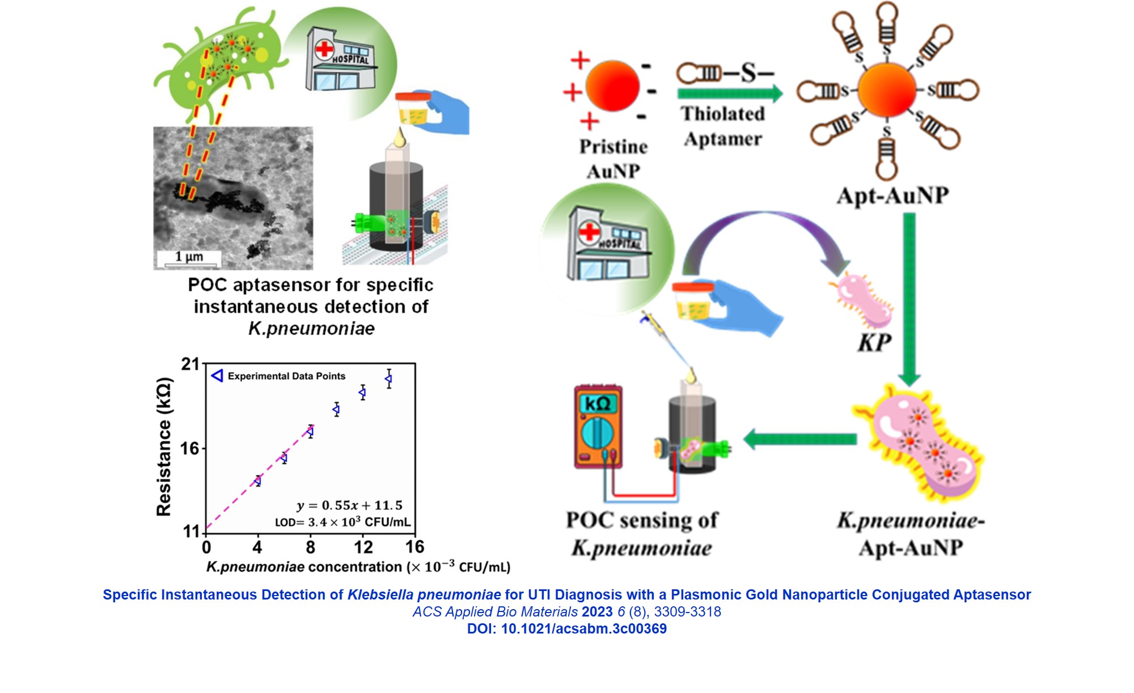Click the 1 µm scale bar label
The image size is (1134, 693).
[189, 257]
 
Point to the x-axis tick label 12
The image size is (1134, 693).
[363, 547]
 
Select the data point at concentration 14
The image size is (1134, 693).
[388, 379]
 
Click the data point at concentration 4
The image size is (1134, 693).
[258, 481]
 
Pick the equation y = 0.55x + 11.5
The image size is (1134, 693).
[349, 505]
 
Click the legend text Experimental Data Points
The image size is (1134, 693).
[286, 376]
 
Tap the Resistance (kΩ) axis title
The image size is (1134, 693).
[164, 447]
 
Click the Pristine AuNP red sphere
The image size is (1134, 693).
[612, 86]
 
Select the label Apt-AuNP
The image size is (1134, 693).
[892, 195]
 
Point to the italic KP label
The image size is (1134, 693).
[874, 343]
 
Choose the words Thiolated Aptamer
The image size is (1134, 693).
[723, 126]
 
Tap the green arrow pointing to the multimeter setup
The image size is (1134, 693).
[799, 439]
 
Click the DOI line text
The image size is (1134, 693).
[566, 629]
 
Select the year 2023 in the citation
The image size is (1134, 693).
[597, 612]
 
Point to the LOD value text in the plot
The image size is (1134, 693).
[342, 522]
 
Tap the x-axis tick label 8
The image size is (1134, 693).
[310, 547]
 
